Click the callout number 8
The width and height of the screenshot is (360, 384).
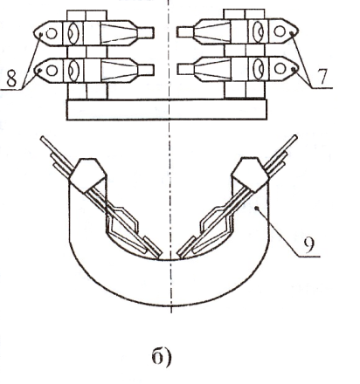tap(11, 78)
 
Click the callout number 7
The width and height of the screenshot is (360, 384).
tap(322, 76)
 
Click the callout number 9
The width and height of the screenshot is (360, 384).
tap(308, 244)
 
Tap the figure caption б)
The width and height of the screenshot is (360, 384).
tap(162, 357)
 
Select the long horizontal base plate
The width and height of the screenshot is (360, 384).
tap(167, 109)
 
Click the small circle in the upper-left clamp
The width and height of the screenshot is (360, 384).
tap(52, 33)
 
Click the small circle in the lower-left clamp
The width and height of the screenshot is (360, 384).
tap(52, 71)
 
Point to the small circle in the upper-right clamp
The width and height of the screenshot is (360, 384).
tap(280, 31)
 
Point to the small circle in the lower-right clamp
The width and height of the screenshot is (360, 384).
tap(280, 69)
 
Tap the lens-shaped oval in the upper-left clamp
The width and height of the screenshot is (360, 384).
tap(73, 33)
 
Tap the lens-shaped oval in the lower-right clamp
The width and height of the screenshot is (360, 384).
tap(258, 69)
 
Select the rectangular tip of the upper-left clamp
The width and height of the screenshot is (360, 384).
tap(145, 32)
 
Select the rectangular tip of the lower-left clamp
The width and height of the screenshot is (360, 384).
tap(145, 70)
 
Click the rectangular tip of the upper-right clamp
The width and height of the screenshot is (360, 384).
tap(185, 31)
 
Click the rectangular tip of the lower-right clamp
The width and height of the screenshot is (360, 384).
tap(186, 69)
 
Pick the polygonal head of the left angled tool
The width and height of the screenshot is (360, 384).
tap(88, 175)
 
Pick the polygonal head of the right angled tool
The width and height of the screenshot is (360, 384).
tap(250, 175)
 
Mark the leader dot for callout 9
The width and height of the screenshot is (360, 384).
tap(257, 208)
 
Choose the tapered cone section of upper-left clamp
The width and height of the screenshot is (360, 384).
tap(119, 33)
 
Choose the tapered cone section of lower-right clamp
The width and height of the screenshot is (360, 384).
tap(212, 69)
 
